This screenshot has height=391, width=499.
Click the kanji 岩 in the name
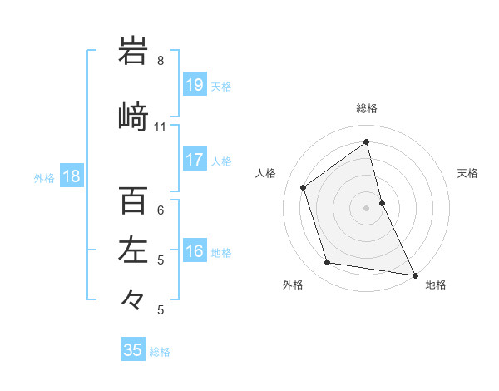pyautogui.click(x=133, y=51)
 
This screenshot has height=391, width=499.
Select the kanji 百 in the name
pyautogui.click(x=133, y=200)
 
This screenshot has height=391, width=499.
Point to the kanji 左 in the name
pyautogui.click(x=133, y=250)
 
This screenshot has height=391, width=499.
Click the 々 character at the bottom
pyautogui.click(x=133, y=299)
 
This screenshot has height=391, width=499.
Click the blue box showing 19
pyautogui.click(x=195, y=85)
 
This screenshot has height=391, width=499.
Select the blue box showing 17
pyautogui.click(x=195, y=160)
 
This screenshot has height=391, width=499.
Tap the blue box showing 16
pyautogui.click(x=195, y=252)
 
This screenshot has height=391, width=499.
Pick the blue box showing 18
pyautogui.click(x=71, y=176)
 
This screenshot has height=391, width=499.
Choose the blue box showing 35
pyautogui.click(x=133, y=350)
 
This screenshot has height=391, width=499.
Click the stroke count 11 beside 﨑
pyautogui.click(x=161, y=127)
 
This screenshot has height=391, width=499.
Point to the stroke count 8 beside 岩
pyautogui.click(x=161, y=61)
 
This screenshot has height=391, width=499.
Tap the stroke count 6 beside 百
pyautogui.click(x=161, y=210)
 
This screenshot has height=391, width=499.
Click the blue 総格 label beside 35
pyautogui.click(x=160, y=352)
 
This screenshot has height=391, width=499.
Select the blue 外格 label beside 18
pyautogui.click(x=44, y=177)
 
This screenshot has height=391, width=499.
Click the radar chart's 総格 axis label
pyautogui.click(x=367, y=108)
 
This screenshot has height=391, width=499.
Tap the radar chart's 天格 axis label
pyautogui.click(x=468, y=173)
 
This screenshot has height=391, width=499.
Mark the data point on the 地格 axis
pyautogui.click(x=414, y=274)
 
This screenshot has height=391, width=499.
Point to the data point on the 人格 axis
pyautogui.click(x=304, y=187)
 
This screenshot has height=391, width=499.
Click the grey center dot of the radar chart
pyautogui.click(x=367, y=207)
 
